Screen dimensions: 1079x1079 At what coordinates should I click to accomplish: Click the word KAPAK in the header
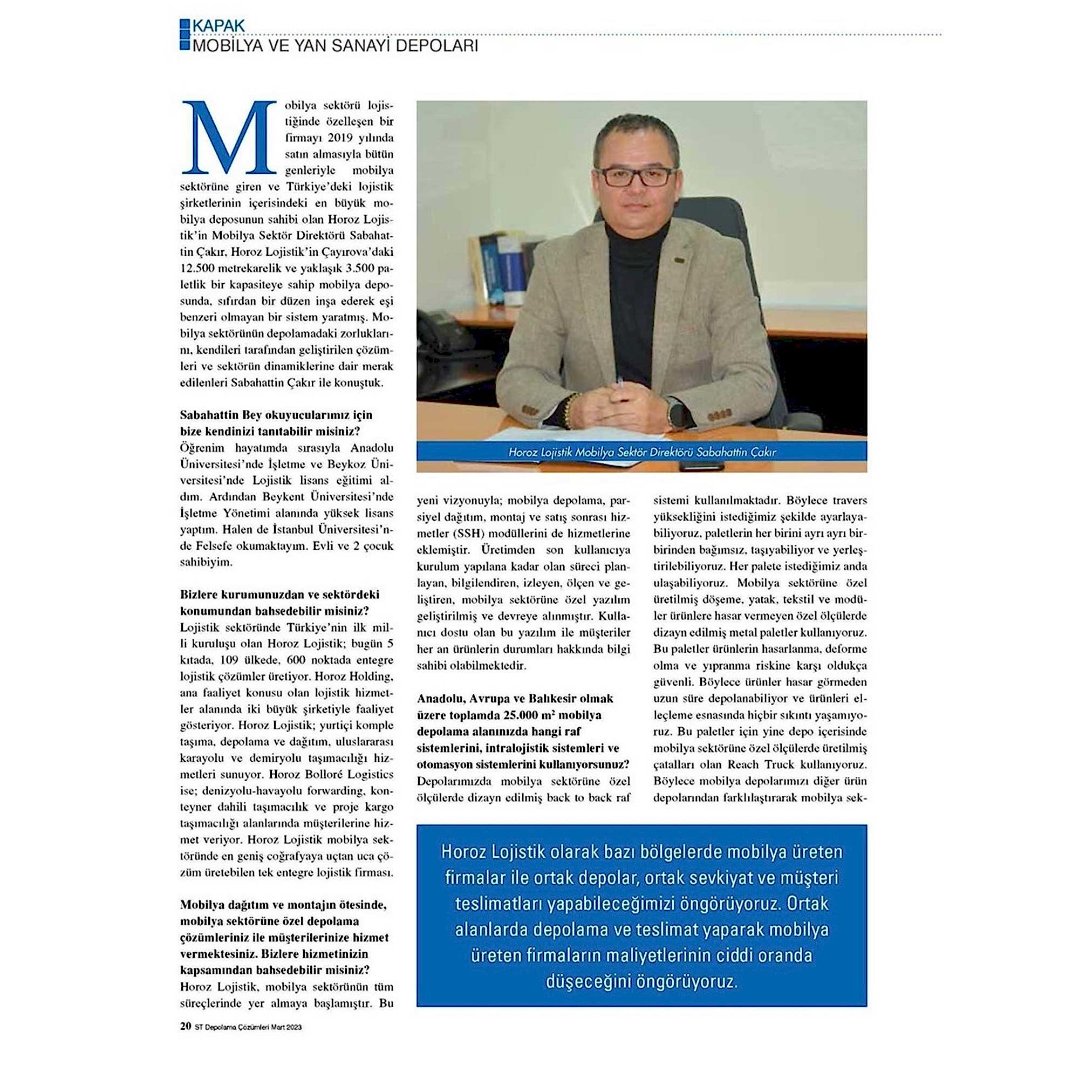(x=218, y=26)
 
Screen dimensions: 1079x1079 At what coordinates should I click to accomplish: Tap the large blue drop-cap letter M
(x=229, y=138)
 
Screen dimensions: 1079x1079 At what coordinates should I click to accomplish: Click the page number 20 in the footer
(x=186, y=1042)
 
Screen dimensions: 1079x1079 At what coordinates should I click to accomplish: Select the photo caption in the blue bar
(x=641, y=452)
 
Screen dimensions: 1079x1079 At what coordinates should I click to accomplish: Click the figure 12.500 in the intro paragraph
(x=202, y=268)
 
